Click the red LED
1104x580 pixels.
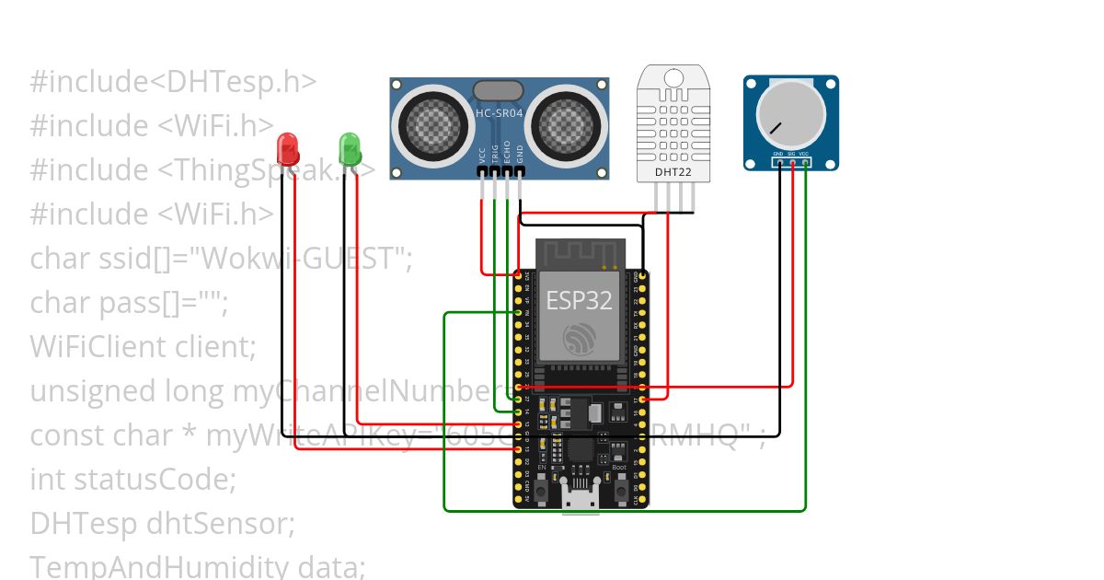pos(287,148)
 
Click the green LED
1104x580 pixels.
pos(350,147)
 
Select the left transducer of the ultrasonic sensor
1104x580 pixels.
pos(428,123)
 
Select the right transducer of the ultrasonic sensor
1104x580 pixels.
pos(569,123)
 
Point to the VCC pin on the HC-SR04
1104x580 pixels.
pos(481,172)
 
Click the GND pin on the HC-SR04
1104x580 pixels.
pos(520,172)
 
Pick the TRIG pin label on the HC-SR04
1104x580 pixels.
pos(494,153)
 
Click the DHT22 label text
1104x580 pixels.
pos(668,171)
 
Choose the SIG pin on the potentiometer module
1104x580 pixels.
pos(792,163)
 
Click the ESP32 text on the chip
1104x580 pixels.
pos(580,300)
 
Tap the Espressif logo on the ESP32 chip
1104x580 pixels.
pos(581,340)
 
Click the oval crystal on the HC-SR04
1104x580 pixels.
pos(498,89)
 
